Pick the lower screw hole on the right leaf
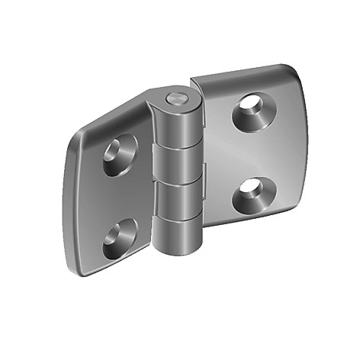click(252, 194)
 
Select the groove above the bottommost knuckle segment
click(182, 216)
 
